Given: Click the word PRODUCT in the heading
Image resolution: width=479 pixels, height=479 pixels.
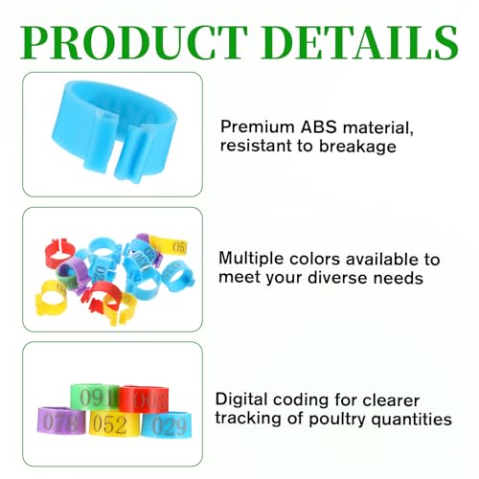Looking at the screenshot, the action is pos(134,42).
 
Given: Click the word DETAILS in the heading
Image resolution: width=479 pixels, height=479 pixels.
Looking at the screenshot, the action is pos(360,42).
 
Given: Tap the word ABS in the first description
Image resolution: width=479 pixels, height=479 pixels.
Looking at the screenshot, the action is pos(319,126).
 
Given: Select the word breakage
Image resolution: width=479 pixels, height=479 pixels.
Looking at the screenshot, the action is pos(357,147).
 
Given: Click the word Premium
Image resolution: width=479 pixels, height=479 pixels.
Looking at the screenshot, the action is pos(258,126).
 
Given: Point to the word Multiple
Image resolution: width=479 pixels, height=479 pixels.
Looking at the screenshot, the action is pos(251,259).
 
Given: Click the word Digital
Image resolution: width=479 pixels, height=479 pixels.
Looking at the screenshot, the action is pos(241,400).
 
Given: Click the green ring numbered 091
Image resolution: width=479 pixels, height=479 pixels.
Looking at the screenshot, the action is pos(95,397).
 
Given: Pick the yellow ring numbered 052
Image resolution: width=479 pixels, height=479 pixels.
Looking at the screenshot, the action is pos(114,423).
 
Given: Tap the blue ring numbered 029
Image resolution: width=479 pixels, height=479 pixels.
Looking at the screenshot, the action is pos(167,425).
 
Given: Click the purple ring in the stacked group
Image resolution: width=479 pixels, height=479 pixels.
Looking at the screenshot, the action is pos(61,421).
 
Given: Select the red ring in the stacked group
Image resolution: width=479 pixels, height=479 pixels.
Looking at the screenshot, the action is pos(144,399).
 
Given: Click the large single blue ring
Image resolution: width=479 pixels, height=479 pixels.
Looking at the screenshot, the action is pos(113,131).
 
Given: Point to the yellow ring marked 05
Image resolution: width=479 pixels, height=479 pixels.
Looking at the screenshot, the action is pos(170,246).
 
